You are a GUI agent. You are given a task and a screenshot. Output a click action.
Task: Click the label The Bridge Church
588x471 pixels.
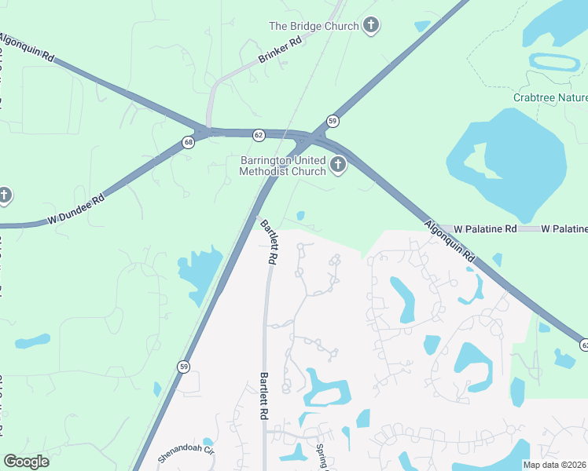[314, 26]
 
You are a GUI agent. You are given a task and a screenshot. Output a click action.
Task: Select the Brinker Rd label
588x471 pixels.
[281, 50]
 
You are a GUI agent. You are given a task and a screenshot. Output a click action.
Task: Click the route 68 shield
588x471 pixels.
[188, 142]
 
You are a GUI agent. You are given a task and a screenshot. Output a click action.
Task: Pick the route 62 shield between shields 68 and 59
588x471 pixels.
[259, 135]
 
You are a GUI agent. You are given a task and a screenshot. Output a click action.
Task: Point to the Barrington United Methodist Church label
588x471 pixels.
[282, 166]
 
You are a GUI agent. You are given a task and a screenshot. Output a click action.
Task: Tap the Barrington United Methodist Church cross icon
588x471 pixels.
[338, 165]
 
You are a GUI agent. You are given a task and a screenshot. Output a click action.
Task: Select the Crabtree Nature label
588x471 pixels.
[550, 98]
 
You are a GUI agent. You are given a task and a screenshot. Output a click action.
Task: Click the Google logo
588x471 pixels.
[26, 462]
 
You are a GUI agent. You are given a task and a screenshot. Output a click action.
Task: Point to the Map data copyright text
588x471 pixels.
[555, 465]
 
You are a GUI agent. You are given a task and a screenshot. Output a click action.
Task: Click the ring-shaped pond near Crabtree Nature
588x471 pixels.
[554, 61]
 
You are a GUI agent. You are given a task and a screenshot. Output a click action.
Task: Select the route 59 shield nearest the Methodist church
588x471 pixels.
[333, 121]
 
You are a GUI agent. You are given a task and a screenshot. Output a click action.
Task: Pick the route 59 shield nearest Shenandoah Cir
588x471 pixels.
[184, 366]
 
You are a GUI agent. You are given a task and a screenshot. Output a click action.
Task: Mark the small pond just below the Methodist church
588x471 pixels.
[300, 216]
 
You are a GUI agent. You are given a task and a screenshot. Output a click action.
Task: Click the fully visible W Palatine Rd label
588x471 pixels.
[489, 229]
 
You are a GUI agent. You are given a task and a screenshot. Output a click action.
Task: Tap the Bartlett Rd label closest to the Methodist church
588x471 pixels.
[269, 241]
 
